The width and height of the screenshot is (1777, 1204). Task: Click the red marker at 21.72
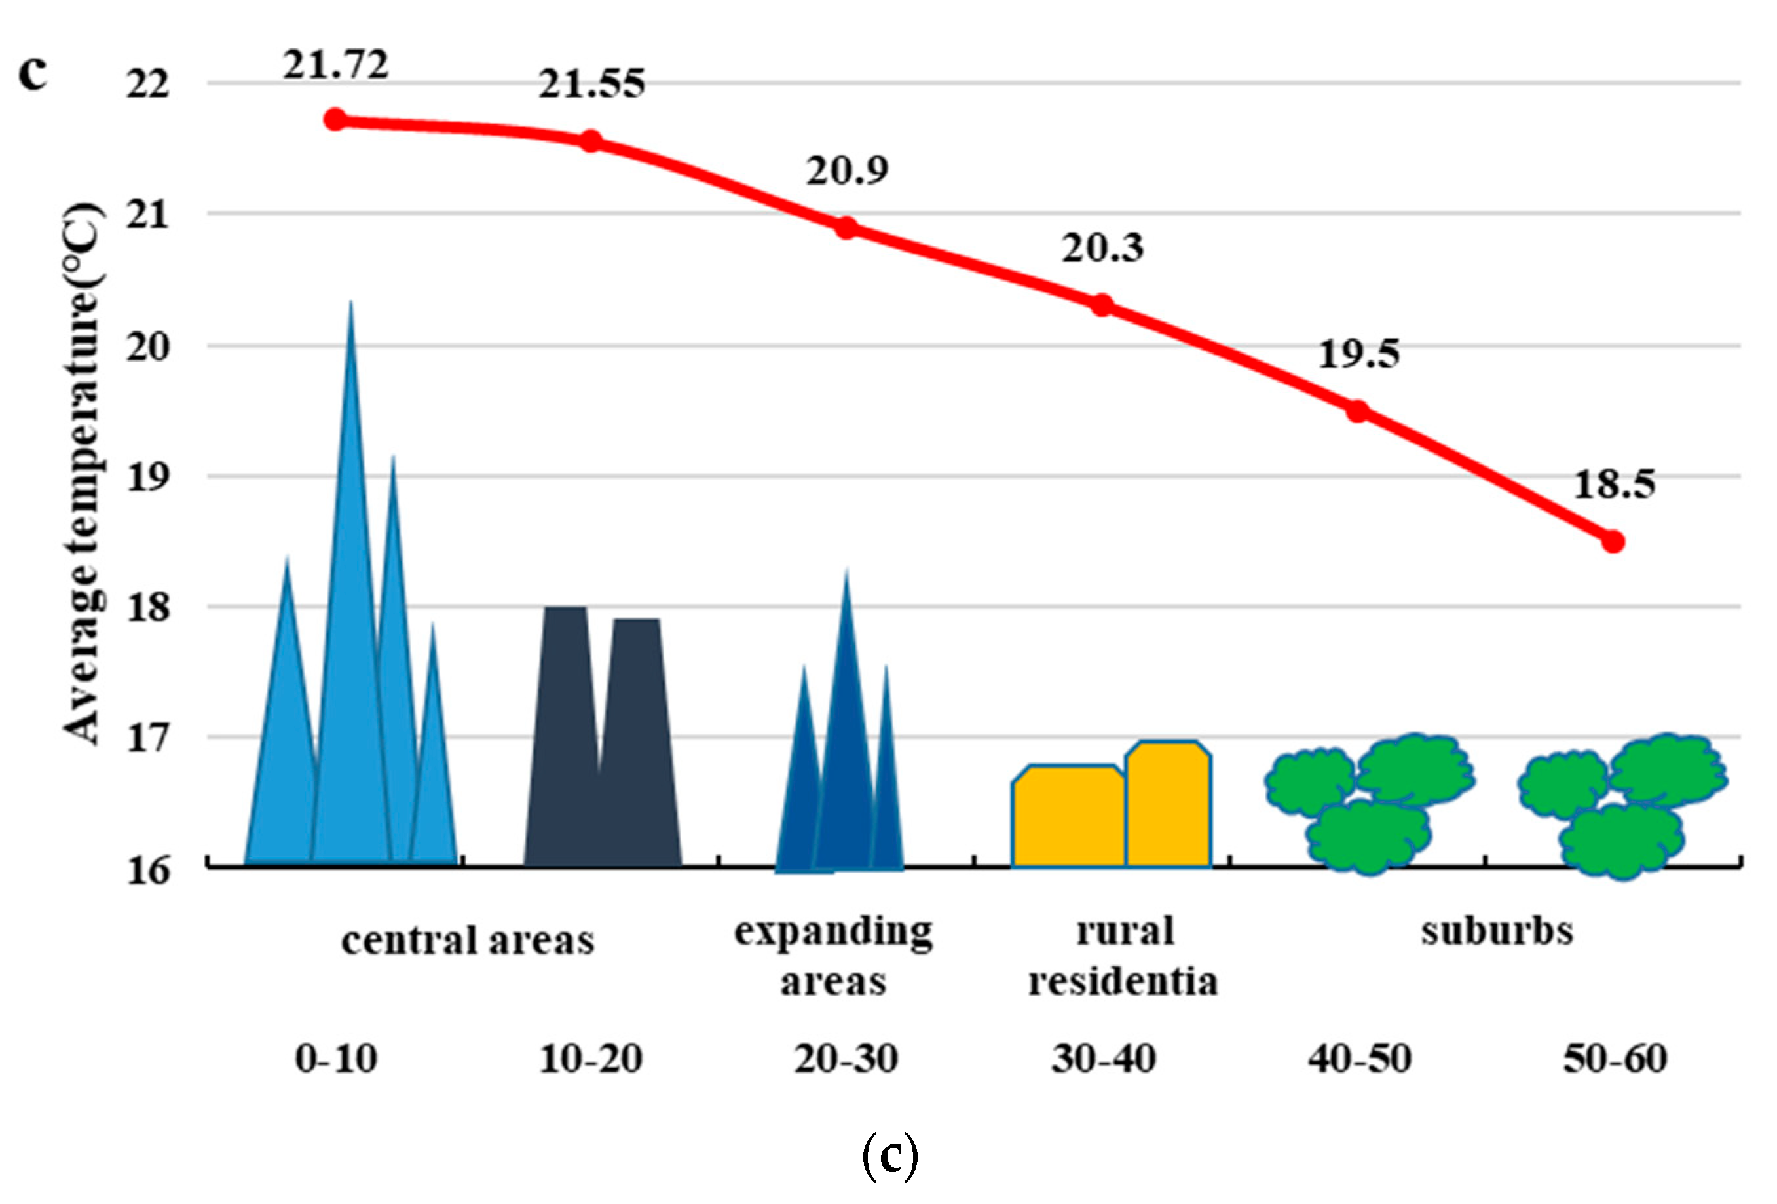335,119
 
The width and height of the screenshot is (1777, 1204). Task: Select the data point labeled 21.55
590,141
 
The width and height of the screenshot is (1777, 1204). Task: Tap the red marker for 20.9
846,227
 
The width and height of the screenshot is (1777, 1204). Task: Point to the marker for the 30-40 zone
1101,305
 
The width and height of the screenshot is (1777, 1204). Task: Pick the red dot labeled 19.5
1357,411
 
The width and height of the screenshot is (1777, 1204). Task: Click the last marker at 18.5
1613,542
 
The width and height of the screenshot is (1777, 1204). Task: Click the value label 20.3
1102,248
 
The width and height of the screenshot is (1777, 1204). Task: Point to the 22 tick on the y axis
147,83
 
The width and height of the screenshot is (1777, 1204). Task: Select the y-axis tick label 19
147,476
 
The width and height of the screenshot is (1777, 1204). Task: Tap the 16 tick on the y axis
147,870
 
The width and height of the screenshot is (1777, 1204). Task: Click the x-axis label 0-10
337,1059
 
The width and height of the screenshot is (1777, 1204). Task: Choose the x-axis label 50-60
1614,1059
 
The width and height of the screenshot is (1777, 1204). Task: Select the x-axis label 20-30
846,1059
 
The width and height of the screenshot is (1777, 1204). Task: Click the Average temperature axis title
83,474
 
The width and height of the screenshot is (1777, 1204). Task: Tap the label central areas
467,940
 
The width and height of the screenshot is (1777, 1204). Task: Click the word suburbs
1497,931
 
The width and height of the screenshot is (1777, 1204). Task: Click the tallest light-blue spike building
350,612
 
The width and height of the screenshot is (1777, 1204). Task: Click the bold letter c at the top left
33,73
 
